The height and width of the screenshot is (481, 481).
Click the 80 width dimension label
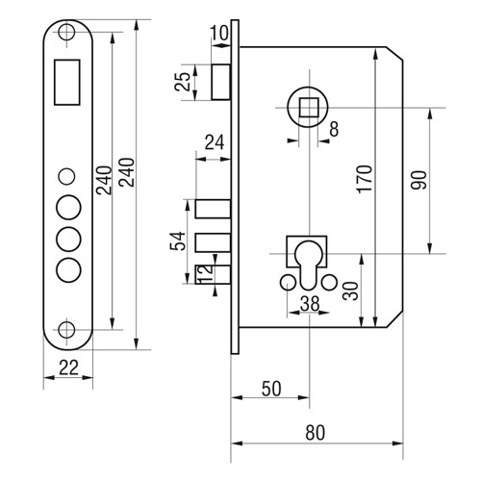(315, 432)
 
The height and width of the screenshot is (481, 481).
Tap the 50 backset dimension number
(271, 389)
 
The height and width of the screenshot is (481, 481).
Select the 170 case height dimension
(366, 179)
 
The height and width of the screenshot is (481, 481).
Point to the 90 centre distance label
(419, 180)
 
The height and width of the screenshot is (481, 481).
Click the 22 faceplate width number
(68, 367)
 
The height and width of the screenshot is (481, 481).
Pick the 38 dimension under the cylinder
(310, 303)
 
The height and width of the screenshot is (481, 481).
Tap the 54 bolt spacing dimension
(178, 241)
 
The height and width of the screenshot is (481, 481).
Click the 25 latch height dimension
(182, 82)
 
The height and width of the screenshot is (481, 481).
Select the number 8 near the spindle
(334, 129)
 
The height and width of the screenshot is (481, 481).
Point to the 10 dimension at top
(219, 33)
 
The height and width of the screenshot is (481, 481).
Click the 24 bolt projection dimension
(215, 142)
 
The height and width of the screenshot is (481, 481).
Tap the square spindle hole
(309, 108)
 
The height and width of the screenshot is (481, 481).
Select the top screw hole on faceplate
(66, 32)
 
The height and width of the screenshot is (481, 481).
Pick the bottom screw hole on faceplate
(66, 329)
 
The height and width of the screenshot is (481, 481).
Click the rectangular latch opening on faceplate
(67, 82)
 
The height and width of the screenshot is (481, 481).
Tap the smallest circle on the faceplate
(66, 176)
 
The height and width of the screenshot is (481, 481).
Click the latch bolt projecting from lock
(220, 82)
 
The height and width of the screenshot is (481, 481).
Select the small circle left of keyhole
(288, 283)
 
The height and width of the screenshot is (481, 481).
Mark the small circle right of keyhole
(329, 283)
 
